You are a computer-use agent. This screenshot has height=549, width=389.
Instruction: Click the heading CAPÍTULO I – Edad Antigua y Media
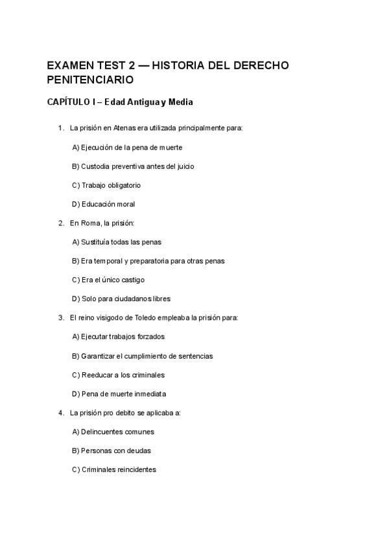120,102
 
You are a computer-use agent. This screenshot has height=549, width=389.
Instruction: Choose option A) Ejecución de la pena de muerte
127,148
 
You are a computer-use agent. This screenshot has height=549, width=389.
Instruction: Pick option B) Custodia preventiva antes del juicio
133,166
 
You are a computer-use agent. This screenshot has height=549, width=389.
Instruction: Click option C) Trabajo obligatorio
106,185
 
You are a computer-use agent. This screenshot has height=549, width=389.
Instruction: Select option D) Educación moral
104,204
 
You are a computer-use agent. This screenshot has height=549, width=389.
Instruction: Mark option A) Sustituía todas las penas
117,242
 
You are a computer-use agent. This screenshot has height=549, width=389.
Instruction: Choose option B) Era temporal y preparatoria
148,261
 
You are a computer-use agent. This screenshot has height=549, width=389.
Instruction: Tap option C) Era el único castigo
108,280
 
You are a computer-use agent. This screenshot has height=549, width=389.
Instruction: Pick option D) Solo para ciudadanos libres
121,299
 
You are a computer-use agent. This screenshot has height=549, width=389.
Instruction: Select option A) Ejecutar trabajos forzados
119,337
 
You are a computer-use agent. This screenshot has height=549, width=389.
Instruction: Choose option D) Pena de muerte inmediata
119,394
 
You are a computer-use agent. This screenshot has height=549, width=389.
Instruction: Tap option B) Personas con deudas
112,451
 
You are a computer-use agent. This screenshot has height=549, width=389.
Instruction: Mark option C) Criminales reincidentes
114,469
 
